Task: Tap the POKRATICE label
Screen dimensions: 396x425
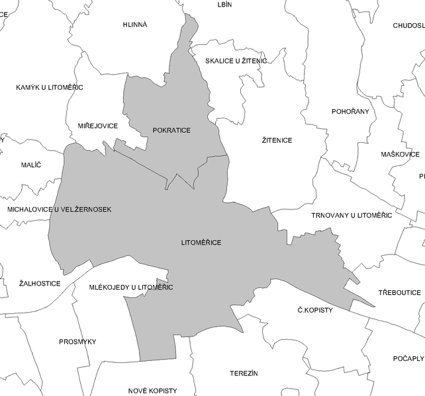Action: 171,130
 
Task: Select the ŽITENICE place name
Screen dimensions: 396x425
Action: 277,140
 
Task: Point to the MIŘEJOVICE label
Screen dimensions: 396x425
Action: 97,126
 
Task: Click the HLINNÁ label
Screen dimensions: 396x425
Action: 135,24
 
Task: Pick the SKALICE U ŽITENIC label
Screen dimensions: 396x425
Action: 236,61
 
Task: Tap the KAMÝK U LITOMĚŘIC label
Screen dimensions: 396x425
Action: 50,87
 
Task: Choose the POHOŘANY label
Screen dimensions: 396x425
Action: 350,111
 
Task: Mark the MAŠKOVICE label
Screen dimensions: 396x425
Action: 400,155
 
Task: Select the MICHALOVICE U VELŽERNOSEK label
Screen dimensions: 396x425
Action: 60,210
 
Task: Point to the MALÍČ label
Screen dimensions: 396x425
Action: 30,165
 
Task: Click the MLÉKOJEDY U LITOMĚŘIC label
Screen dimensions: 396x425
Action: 131,287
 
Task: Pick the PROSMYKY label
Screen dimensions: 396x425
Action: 77,342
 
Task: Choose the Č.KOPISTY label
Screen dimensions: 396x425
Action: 315,310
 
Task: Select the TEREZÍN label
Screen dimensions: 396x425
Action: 243,374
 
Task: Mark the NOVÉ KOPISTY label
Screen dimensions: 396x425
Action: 153,391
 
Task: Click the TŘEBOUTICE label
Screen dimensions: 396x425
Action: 399,292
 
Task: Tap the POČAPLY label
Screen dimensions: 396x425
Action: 408,358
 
